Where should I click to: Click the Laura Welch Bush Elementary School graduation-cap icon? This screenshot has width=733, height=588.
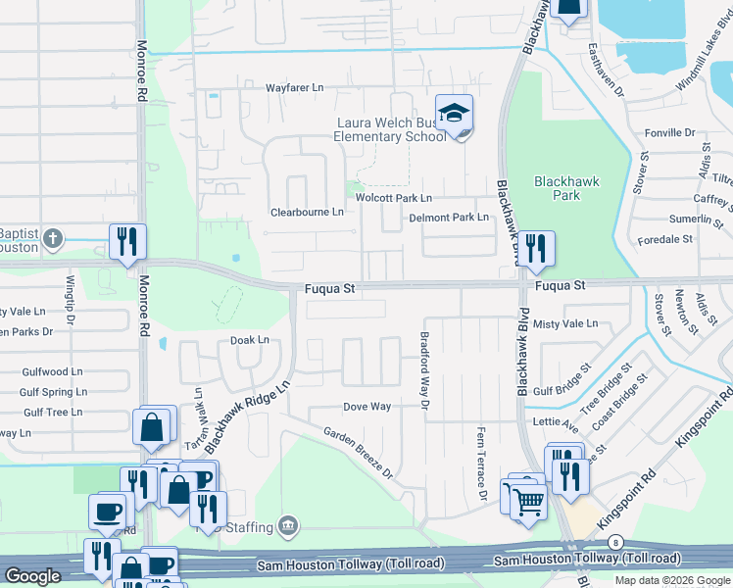(x=454, y=114)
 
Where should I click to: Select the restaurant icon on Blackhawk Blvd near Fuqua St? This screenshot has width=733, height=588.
(x=535, y=249)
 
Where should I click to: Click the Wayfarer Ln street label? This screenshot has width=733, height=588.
(x=294, y=88)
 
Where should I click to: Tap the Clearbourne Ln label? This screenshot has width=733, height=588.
(x=307, y=212)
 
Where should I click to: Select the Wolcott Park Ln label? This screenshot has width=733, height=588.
(x=393, y=198)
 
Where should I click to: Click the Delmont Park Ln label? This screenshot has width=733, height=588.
(x=448, y=218)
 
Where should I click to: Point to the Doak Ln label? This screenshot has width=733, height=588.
(x=249, y=340)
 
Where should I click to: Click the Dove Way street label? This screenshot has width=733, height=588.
(x=366, y=407)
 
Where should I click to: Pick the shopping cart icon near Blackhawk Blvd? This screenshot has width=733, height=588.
(x=528, y=501)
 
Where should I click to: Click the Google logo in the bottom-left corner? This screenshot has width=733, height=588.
(x=31, y=576)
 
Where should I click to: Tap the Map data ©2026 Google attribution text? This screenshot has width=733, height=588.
(x=672, y=580)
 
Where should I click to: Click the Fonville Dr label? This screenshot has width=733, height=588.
(x=669, y=132)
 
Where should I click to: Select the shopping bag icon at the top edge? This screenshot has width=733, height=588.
(x=567, y=8)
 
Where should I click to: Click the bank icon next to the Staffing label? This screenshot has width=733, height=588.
(x=287, y=526)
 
